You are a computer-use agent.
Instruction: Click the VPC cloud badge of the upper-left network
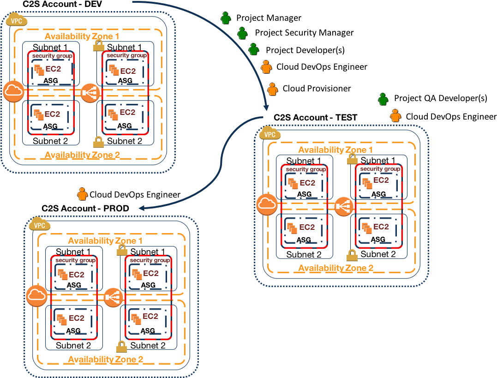click(17, 20)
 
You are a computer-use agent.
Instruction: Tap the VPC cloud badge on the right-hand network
click(270, 134)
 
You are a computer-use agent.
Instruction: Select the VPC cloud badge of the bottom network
click(40, 225)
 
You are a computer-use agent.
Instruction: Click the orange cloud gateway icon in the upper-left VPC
click(13, 92)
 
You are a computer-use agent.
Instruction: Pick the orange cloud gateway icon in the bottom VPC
click(36, 296)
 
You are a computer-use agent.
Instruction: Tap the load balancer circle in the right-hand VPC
click(343, 206)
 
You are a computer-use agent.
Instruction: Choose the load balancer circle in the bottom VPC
click(113, 297)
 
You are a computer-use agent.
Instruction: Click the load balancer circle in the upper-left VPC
click(90, 93)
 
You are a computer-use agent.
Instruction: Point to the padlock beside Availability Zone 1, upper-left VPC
click(98, 45)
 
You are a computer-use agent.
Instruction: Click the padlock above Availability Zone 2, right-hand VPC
click(352, 255)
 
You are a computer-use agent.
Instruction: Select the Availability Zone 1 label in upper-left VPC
click(82, 36)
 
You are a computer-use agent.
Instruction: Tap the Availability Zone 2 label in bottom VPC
click(105, 359)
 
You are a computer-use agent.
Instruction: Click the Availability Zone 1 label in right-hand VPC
click(335, 150)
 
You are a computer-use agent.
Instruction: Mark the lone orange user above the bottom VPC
click(82, 194)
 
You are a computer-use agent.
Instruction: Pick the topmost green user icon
click(225, 18)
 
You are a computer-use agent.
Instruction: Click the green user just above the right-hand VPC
click(383, 99)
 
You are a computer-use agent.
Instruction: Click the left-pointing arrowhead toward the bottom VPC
click(142, 208)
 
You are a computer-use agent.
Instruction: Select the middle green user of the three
click(242, 33)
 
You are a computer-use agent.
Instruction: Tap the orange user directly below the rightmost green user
click(395, 115)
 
